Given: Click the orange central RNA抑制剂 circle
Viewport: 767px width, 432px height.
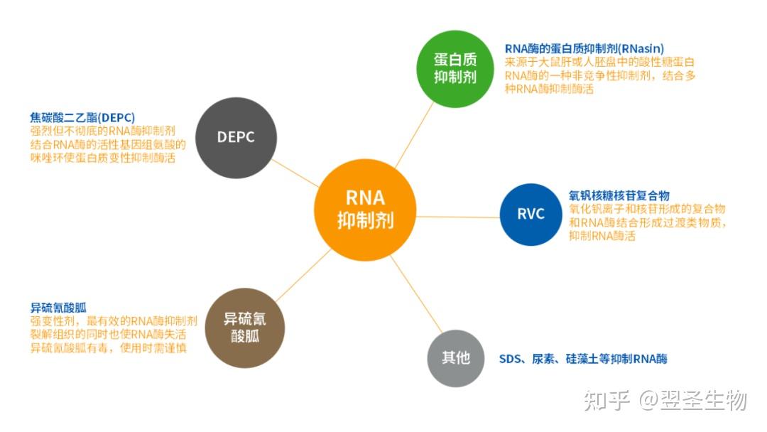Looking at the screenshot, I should click(x=364, y=209).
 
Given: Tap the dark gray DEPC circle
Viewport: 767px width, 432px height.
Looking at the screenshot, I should click(x=235, y=138).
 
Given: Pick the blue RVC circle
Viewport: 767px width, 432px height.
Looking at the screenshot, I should click(x=530, y=214).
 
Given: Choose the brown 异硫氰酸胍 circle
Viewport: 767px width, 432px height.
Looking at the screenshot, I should click(x=245, y=327).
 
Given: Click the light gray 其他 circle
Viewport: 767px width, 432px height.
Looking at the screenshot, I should click(x=455, y=358).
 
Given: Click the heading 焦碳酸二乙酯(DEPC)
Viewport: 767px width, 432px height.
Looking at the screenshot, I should click(x=82, y=117).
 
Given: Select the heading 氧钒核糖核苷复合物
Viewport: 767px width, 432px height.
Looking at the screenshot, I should click(x=619, y=195).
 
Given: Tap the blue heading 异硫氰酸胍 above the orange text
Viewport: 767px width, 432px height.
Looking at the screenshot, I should click(x=58, y=308).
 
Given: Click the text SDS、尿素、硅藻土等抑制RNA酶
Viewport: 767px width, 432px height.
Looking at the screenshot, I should click(x=582, y=358).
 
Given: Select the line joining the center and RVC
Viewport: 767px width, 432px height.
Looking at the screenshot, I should click(x=458, y=215).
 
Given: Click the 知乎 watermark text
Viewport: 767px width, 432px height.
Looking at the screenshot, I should click(x=606, y=401).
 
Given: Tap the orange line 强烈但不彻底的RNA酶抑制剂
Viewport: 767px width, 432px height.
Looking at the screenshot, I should click(x=102, y=131).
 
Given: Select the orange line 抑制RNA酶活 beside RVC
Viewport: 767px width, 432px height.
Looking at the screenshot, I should click(x=602, y=235).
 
